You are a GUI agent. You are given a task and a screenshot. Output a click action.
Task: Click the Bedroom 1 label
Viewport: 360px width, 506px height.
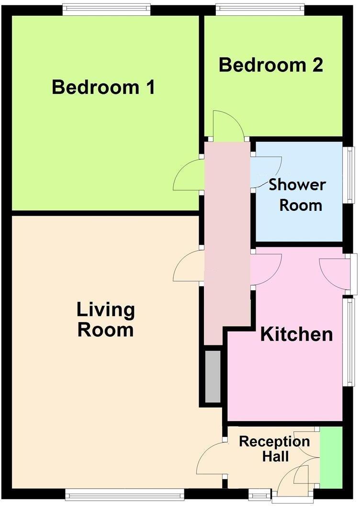pyautogui.click(x=103, y=88)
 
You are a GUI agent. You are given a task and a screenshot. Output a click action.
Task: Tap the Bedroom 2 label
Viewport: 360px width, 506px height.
pyautogui.click(x=271, y=65)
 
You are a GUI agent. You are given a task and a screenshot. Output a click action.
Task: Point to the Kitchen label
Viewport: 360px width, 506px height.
pyautogui.click(x=296, y=334)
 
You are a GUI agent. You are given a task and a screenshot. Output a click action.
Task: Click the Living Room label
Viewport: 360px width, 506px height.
pyautogui.click(x=106, y=320)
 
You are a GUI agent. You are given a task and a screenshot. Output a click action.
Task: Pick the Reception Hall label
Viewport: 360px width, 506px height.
pyautogui.click(x=274, y=448)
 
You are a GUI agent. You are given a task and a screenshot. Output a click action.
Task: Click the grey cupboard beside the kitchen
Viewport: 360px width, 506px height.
pyautogui.click(x=213, y=377)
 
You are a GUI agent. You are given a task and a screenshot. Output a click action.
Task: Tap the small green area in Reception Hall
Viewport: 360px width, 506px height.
pyautogui.click(x=331, y=457)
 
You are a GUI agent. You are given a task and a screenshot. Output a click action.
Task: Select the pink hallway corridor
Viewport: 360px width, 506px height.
pyautogui.click(x=227, y=240)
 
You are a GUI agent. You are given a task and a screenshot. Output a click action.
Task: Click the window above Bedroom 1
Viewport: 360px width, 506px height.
pyautogui.click(x=106, y=10)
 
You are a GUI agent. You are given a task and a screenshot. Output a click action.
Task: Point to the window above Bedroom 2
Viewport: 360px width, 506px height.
pyautogui.click(x=259, y=10)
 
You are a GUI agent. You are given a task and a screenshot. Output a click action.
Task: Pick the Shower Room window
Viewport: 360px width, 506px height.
pyautogui.click(x=351, y=175)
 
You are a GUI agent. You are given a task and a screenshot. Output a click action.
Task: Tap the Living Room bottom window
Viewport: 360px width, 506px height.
pyautogui.click(x=124, y=494)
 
